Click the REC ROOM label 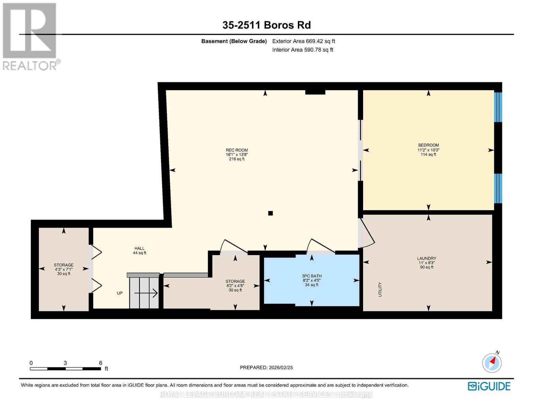[237, 150]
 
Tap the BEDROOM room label [428, 145]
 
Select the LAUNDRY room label [427, 258]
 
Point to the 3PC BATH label [312, 276]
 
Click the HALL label [139, 248]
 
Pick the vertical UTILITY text [380, 289]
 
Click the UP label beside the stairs [119, 293]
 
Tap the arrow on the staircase [146, 293]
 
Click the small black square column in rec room [270, 213]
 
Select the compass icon [492, 363]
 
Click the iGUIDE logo [489, 386]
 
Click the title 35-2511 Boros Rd [267, 25]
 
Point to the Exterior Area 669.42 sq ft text [304, 41]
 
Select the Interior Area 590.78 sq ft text [303, 50]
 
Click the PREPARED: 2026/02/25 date [266, 367]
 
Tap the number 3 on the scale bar [65, 363]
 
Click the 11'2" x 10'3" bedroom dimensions [428, 150]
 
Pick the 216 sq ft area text [237, 159]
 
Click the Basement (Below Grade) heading [234, 41]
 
